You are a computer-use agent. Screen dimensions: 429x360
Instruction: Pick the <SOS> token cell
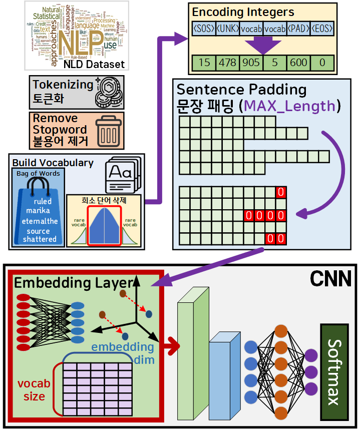(204, 29)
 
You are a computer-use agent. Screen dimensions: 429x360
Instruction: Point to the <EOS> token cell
(322, 29)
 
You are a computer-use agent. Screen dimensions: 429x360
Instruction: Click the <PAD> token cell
(298, 29)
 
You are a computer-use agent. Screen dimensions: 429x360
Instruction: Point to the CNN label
(330, 279)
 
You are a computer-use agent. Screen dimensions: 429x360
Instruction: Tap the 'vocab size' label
(34, 390)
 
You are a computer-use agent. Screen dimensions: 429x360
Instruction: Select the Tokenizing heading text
(63, 84)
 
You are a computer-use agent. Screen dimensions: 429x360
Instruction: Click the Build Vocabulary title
(53, 163)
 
